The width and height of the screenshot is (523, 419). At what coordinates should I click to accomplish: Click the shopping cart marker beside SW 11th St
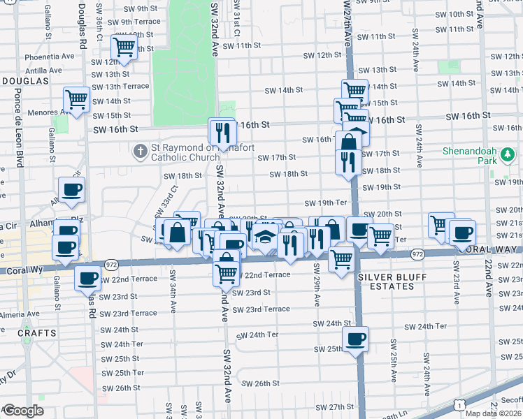[x=124, y=47]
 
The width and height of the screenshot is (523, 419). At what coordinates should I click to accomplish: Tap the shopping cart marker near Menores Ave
[x=76, y=99]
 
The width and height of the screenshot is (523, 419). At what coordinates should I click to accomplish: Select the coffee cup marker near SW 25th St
[x=356, y=339]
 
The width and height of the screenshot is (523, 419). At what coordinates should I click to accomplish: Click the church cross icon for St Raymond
[x=141, y=150]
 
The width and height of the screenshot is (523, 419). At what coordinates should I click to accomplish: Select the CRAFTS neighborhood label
[x=36, y=333]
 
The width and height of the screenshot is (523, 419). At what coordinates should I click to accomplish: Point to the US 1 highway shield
[x=459, y=404]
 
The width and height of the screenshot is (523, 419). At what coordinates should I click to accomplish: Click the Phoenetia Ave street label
[x=49, y=56]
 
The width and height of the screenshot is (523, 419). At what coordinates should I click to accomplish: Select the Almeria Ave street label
[x=21, y=315]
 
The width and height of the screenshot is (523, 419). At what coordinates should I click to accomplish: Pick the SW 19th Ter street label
[x=326, y=203]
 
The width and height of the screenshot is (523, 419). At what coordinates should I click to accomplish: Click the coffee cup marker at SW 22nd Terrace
[x=87, y=278]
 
